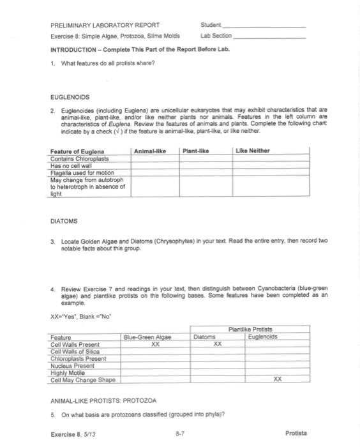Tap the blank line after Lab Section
[x=269, y=38]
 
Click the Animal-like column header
[x=151, y=151]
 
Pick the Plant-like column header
[x=196, y=151]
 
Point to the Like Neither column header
[x=253, y=151]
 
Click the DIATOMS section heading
[x=63, y=222]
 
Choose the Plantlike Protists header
[x=259, y=330]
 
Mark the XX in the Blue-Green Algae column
[x=154, y=344]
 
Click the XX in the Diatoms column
[x=217, y=344]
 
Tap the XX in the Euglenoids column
[x=277, y=378]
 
